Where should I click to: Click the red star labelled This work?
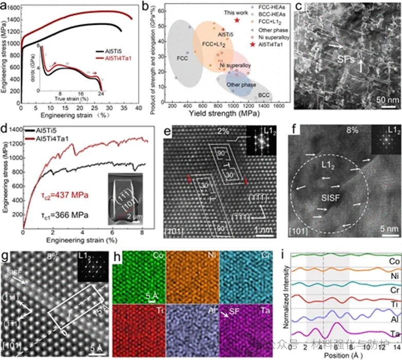tap(237, 20)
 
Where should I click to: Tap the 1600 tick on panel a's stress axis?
tap(11, 8)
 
